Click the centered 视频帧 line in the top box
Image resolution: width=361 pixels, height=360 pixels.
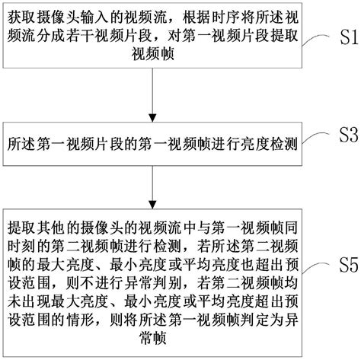point(155,55)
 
